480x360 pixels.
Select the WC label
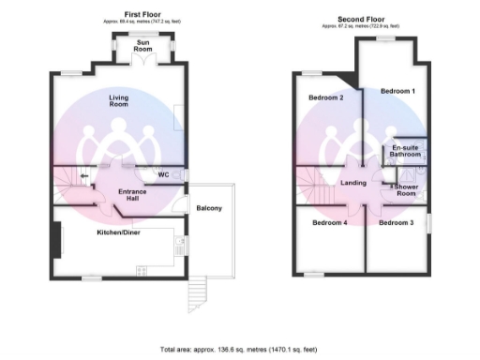(163, 174)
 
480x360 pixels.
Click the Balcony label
(208, 207)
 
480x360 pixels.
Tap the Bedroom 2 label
(326, 97)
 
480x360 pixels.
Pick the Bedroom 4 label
(330, 223)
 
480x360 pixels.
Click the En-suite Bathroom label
(407, 152)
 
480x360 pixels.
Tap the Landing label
(353, 183)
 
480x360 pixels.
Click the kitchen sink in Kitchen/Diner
(177, 247)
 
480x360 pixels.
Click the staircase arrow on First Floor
(84, 174)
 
